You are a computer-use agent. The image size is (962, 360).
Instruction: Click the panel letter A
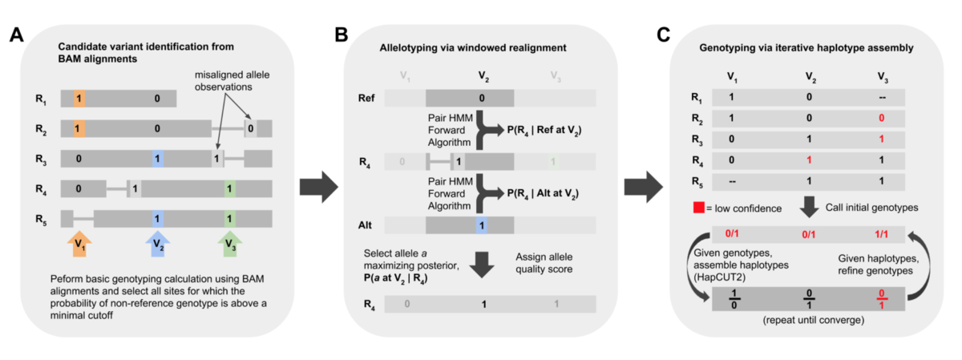click(x=17, y=34)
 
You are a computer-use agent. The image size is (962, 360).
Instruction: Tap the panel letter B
click(x=342, y=34)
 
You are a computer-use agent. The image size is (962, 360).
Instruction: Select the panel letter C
click(x=664, y=34)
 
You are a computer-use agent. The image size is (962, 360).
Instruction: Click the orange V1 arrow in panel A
click(x=79, y=244)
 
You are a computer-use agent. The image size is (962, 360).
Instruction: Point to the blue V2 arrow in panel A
click(x=158, y=244)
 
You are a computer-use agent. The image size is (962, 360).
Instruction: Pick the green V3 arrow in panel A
click(x=230, y=244)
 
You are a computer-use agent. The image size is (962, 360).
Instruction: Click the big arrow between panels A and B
click(x=319, y=187)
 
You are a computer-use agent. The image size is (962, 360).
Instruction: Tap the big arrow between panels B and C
click(x=644, y=187)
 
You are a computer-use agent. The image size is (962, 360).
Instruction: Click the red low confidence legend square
click(x=699, y=208)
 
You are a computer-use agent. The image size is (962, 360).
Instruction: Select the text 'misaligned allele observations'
click(x=232, y=81)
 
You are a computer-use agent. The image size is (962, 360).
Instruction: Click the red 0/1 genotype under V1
click(x=732, y=233)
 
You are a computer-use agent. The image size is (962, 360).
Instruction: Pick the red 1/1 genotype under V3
click(x=881, y=234)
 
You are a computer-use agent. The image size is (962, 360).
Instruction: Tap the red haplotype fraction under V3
click(x=881, y=299)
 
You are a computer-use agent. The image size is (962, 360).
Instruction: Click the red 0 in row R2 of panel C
click(x=881, y=118)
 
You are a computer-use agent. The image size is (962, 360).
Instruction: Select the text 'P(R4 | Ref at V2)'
click(x=544, y=130)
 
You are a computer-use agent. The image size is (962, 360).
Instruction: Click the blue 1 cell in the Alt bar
click(x=482, y=225)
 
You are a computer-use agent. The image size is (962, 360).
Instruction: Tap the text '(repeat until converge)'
click(x=814, y=320)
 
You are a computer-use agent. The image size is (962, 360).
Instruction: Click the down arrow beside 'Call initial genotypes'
click(x=809, y=207)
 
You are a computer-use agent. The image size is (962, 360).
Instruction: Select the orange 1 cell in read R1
click(x=79, y=99)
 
